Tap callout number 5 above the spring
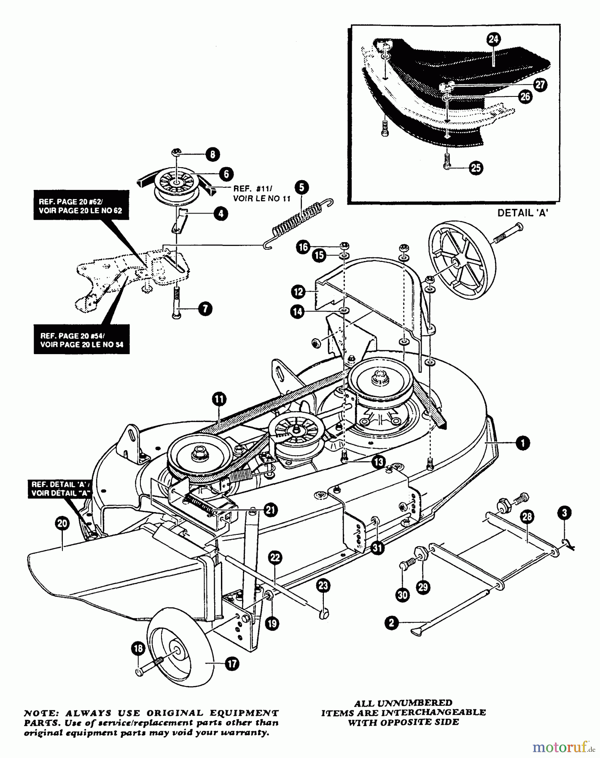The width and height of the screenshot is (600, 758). (301, 187)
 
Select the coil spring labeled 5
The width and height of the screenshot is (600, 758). (298, 224)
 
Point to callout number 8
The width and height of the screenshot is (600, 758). (213, 155)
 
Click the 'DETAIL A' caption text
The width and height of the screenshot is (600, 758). (522, 213)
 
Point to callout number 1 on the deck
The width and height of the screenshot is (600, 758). (523, 443)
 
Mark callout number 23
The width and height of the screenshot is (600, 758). (324, 586)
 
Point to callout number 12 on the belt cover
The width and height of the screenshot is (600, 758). (298, 291)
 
